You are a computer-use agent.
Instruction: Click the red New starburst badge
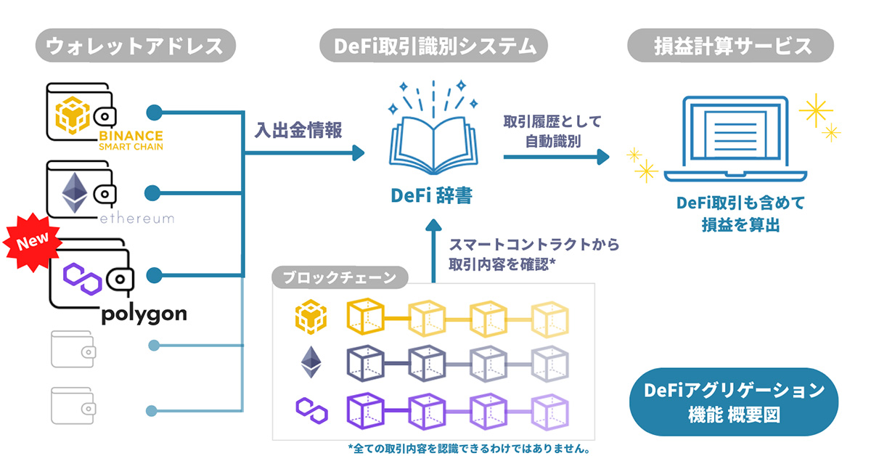coord(32,242)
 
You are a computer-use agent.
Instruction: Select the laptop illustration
coord(735,139)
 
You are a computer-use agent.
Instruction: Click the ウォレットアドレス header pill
coord(135,46)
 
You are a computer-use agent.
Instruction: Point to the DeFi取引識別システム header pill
coord(433,46)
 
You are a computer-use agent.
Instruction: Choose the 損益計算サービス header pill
coord(730,46)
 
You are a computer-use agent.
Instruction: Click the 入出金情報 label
coord(298,130)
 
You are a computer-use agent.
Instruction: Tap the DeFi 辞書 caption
coord(432,195)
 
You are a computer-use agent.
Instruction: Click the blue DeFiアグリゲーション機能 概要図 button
coord(734,402)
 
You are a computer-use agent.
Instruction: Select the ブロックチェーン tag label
coord(340,277)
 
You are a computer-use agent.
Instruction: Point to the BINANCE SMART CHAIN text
coord(131,141)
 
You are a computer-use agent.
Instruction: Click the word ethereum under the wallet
coord(137,219)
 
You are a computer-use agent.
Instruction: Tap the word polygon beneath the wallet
coord(144,314)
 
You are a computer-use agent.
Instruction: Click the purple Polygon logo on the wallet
coord(83,279)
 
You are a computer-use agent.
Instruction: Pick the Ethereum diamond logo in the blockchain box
coord(311,362)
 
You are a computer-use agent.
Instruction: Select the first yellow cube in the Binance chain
coord(365,317)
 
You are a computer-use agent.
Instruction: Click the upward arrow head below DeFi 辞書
coord(433,225)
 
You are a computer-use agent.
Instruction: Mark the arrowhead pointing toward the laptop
coord(603,157)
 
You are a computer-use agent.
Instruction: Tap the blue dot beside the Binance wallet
coord(155,113)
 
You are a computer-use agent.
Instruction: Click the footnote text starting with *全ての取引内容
coord(470,449)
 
